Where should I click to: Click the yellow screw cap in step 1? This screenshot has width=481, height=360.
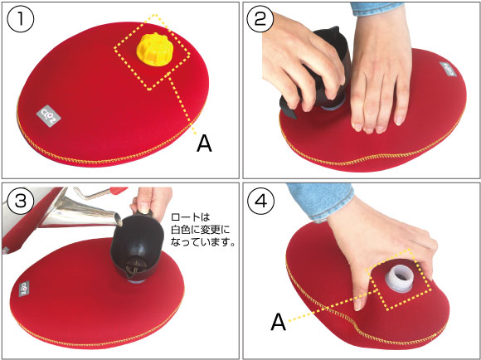point(154,48)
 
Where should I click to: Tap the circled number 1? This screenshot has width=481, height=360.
point(21,19)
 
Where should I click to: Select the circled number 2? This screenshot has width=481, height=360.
point(260,19)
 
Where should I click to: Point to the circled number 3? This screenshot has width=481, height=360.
point(21,201)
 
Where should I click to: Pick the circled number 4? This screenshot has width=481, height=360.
point(261,201)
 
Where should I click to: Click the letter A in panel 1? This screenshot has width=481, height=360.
point(204,144)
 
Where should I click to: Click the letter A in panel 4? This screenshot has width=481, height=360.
point(279,322)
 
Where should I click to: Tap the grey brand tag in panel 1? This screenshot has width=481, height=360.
point(48,116)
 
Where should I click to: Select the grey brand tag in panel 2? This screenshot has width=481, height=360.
point(448,70)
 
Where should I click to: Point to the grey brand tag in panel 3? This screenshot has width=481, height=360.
point(24,289)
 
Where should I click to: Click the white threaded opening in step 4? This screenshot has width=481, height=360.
point(400,279)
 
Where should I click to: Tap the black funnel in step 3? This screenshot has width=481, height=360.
point(137,248)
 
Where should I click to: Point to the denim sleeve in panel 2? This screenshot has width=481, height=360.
point(377,8)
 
